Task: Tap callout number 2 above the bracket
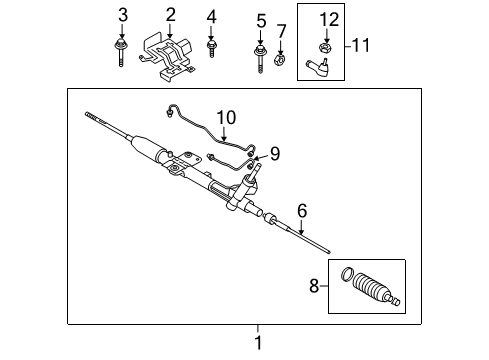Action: [170, 14]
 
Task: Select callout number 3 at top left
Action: [123, 14]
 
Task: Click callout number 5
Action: [261, 20]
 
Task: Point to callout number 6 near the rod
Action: [301, 211]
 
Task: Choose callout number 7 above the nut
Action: [282, 31]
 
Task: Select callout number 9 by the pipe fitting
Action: [274, 153]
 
